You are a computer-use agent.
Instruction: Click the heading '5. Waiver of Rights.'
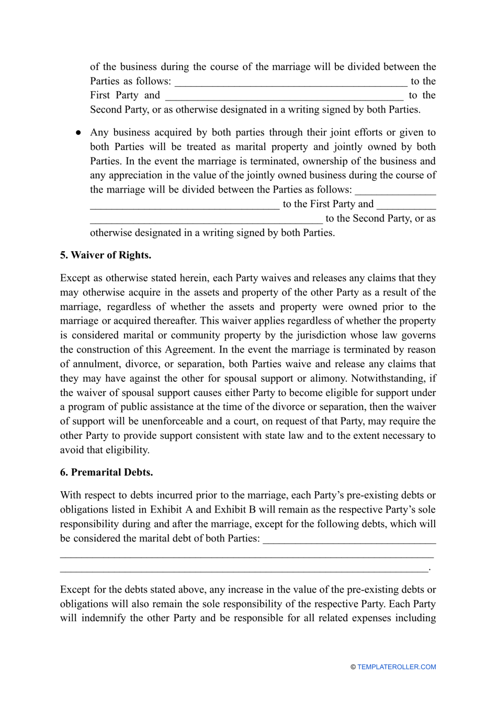[x=106, y=255]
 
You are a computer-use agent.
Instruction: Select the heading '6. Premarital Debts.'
[x=106, y=472]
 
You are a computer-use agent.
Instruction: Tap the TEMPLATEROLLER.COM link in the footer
[x=397, y=667]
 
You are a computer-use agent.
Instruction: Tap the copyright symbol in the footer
[x=353, y=667]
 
